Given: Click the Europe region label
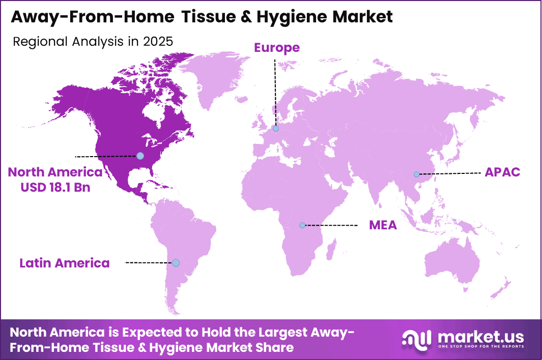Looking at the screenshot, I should pyautogui.click(x=277, y=48).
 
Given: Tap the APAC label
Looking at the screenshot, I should pyautogui.click(x=502, y=172).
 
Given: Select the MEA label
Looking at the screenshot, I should pyautogui.click(x=383, y=225).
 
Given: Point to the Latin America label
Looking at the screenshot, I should pyautogui.click(x=65, y=263).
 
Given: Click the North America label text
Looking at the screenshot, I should pyautogui.click(x=55, y=172).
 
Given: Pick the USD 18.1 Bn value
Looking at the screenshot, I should pyautogui.click(x=55, y=187).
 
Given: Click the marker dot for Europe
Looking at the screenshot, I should pyautogui.click(x=275, y=129).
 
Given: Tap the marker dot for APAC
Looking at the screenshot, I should pyautogui.click(x=416, y=174).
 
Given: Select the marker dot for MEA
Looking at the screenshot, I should pyautogui.click(x=302, y=225).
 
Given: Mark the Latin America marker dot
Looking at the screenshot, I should pyautogui.click(x=176, y=263).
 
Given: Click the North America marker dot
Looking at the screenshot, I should pyautogui.click(x=140, y=156).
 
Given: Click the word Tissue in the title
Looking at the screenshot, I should pyautogui.click(x=210, y=17).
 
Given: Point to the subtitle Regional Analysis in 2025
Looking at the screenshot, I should pyautogui.click(x=93, y=42).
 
